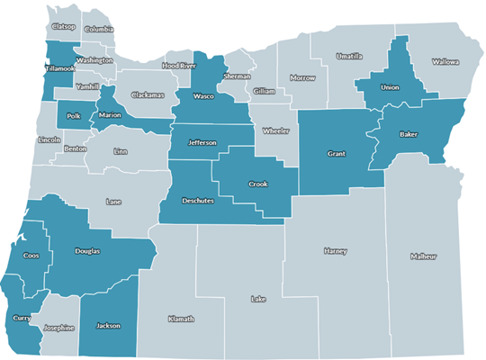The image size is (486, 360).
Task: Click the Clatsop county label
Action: click(x=64, y=27)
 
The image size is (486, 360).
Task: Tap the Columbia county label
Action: click(x=99, y=30)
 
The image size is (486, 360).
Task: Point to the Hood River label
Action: click(x=178, y=66)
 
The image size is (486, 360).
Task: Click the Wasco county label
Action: click(x=203, y=94)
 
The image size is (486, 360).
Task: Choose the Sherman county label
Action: click(x=237, y=77)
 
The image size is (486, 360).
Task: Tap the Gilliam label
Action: click(x=264, y=91)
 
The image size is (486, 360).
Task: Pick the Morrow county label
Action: click(x=302, y=78)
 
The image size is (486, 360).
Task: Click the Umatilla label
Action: click(x=349, y=56)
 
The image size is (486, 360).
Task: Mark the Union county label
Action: click(x=390, y=88)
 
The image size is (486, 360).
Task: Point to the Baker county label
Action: click(x=409, y=135)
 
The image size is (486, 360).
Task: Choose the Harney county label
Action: click(x=334, y=251)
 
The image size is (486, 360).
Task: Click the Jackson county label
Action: click(x=108, y=326)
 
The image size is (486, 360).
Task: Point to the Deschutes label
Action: click(x=197, y=201)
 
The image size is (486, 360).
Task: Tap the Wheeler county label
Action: click(x=275, y=131)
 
